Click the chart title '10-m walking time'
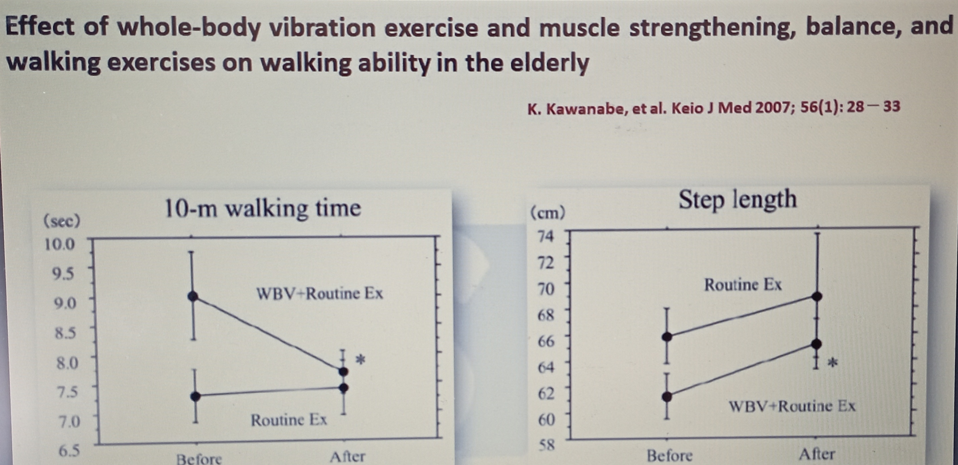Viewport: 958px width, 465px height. pyautogui.click(x=263, y=209)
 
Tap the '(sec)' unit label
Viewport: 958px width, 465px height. pyautogui.click(x=62, y=222)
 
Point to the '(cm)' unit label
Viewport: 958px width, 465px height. pyautogui.click(x=547, y=213)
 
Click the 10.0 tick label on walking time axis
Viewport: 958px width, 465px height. pyautogui.click(x=59, y=245)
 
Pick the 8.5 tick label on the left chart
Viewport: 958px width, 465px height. pyautogui.click(x=65, y=333)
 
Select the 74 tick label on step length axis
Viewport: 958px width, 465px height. pyautogui.click(x=545, y=236)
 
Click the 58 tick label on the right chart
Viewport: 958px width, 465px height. pyautogui.click(x=546, y=445)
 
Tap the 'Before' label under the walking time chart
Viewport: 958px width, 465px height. pyautogui.click(x=199, y=458)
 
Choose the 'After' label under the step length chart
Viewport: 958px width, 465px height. pyautogui.click(x=817, y=454)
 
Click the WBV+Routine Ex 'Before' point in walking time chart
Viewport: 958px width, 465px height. pyautogui.click(x=193, y=296)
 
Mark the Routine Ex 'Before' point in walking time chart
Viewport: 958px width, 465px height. pyautogui.click(x=196, y=396)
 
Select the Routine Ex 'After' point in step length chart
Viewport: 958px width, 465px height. pyautogui.click(x=817, y=296)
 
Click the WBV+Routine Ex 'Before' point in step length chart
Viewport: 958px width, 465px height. pyautogui.click(x=667, y=397)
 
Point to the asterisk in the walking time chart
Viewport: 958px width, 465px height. pyautogui.click(x=360, y=360)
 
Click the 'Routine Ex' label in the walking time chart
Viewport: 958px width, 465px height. pyautogui.click(x=289, y=420)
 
